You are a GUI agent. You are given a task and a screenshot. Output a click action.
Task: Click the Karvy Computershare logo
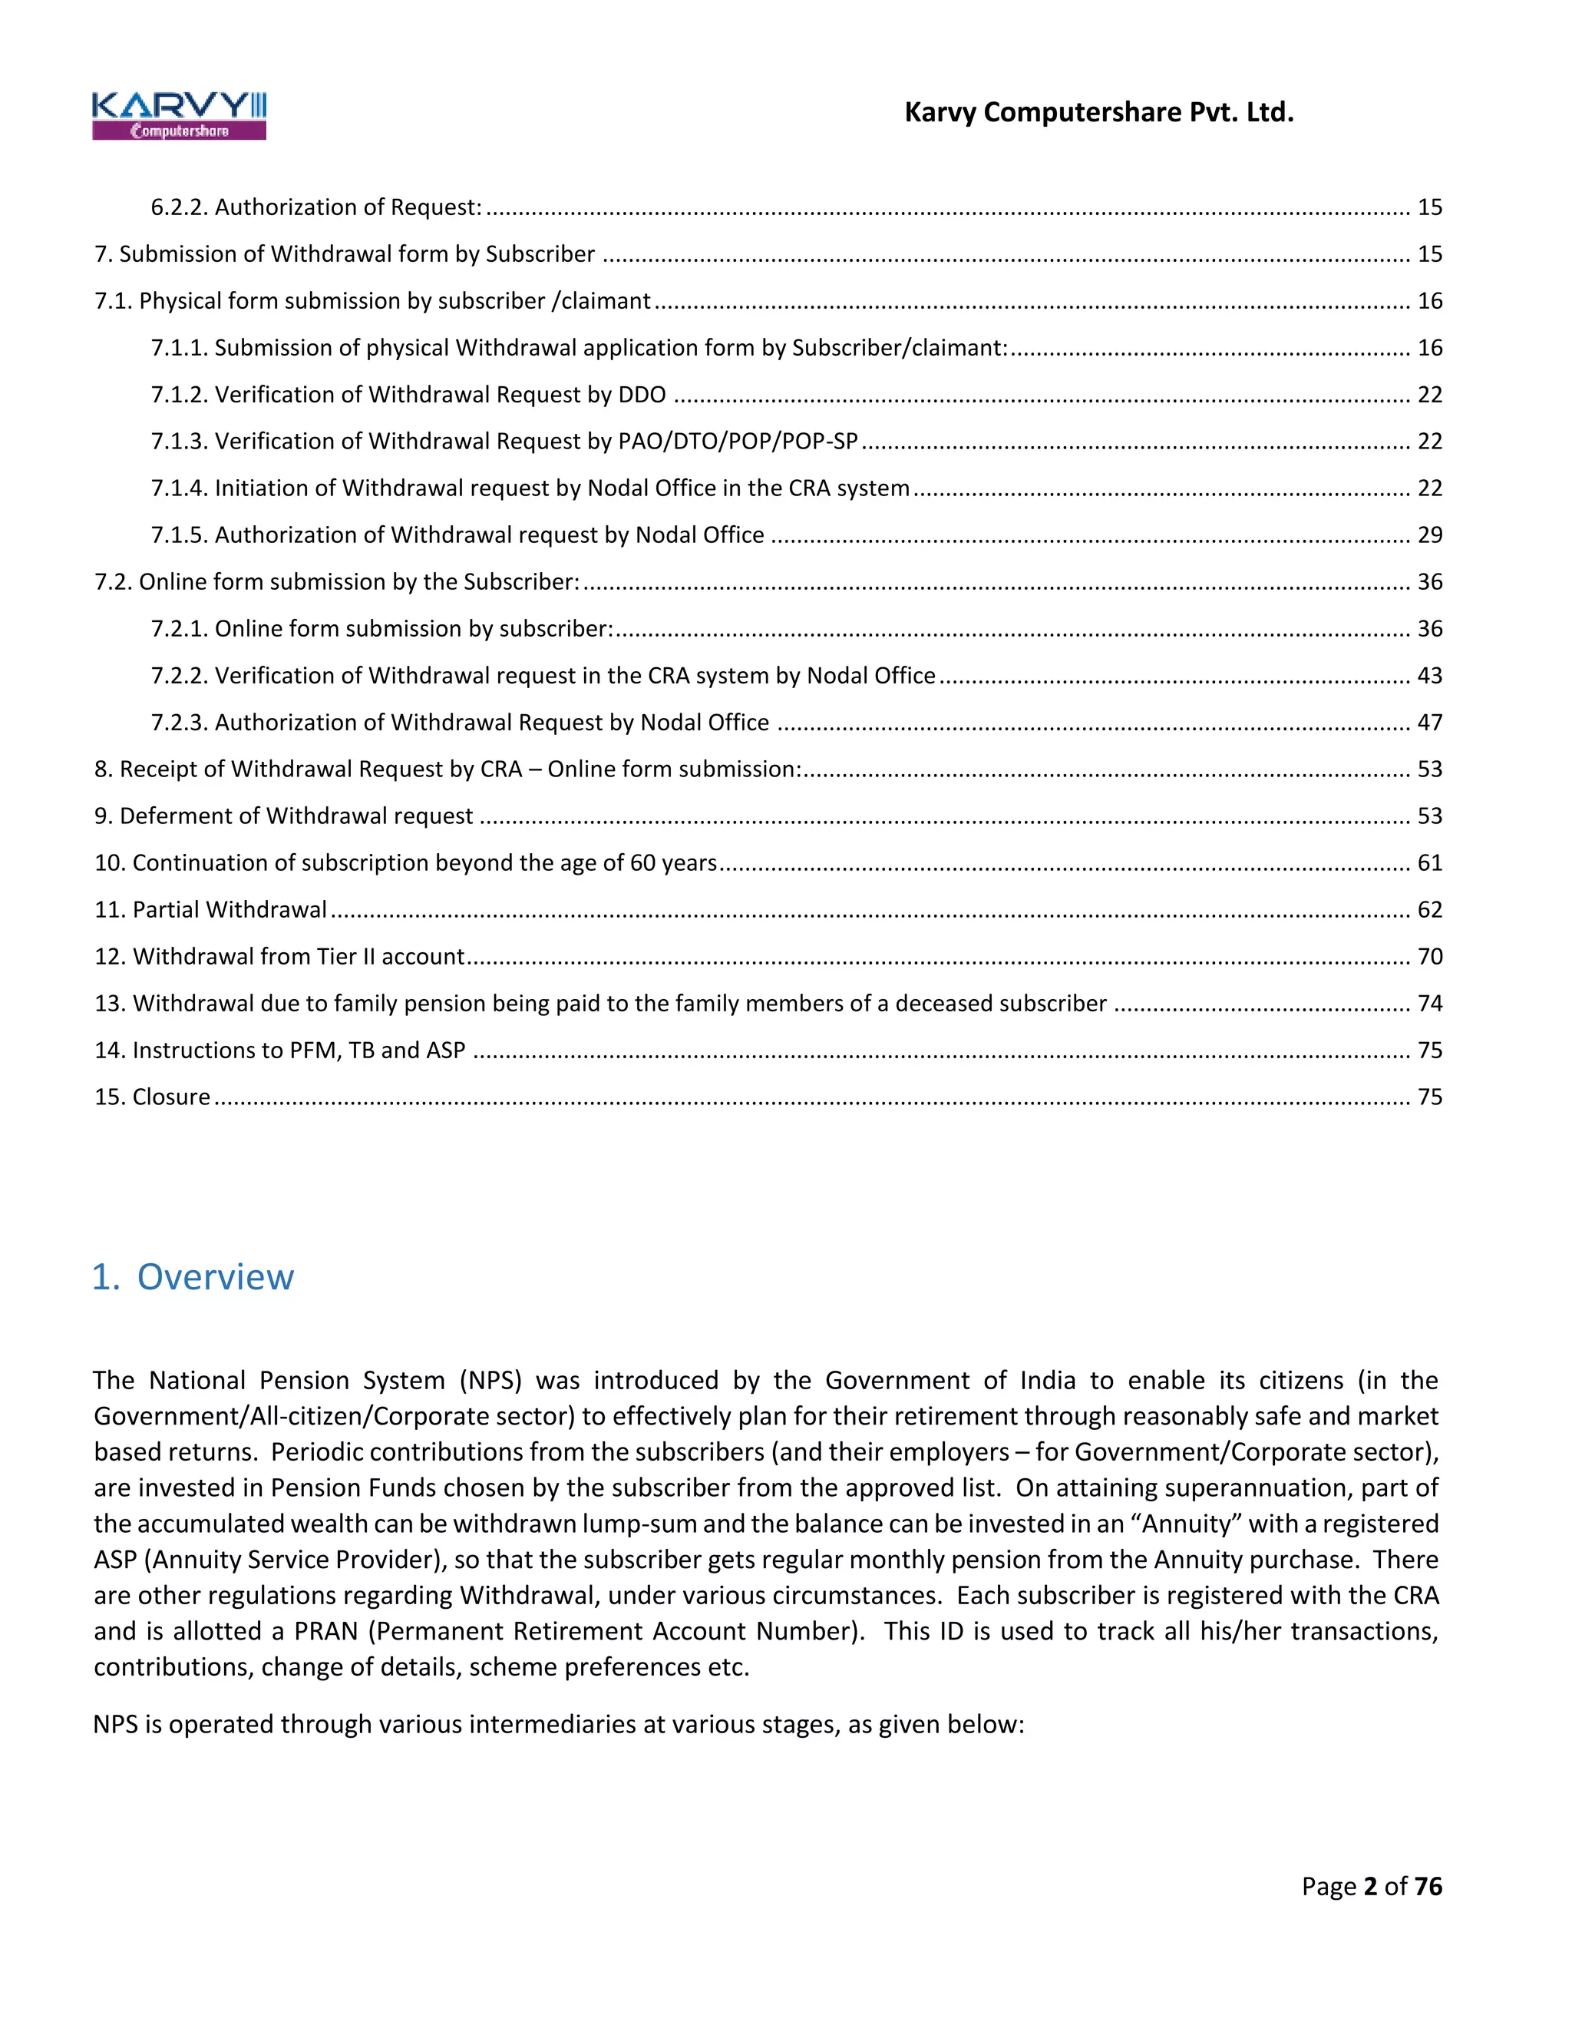tap(179, 115)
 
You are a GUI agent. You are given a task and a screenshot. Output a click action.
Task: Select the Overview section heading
tap(193, 1276)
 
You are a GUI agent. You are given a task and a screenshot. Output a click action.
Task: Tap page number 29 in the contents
tap(1429, 534)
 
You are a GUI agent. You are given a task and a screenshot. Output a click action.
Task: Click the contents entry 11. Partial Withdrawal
tap(210, 909)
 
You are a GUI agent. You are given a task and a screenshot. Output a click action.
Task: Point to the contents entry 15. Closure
tap(152, 1097)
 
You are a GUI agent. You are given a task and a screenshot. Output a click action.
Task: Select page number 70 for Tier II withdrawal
tap(1429, 957)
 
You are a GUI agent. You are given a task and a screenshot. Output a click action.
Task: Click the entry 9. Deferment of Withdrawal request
tap(283, 816)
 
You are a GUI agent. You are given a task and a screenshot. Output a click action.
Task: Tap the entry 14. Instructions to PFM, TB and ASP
tap(279, 1050)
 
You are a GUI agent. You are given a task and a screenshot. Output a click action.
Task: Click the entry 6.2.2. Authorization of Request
tap(317, 207)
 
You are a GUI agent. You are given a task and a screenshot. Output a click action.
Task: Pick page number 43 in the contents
tap(1429, 676)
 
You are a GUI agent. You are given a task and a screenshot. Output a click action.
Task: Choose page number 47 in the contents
tap(1429, 722)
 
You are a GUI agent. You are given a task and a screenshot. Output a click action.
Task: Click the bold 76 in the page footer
tap(1428, 1887)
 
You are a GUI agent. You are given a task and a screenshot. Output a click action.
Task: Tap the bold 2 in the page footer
tap(1370, 1887)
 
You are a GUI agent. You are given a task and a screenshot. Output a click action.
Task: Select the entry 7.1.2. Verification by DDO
tap(408, 395)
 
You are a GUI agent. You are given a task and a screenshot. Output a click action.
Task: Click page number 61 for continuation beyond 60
tap(1429, 863)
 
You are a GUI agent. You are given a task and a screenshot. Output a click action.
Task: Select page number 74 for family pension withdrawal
tap(1429, 1004)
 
